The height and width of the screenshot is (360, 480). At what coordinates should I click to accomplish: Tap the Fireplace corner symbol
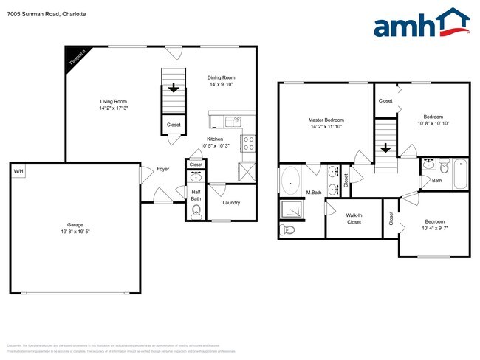tap(75, 56)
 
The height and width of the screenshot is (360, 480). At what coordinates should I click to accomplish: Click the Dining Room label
tap(221, 77)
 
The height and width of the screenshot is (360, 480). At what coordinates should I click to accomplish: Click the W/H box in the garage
tap(18, 171)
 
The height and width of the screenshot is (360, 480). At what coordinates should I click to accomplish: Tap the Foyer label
tap(163, 169)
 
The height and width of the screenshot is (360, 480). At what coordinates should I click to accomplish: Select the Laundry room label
tap(231, 203)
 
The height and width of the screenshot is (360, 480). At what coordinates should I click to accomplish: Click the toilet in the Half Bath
tap(196, 212)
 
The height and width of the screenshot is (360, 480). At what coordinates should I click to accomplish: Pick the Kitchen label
tap(215, 139)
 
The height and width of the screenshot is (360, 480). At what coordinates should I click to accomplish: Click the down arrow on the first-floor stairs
tap(174, 88)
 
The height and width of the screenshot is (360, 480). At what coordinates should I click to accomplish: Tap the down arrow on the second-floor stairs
tap(385, 148)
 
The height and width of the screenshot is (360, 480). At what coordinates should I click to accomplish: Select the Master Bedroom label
tap(326, 120)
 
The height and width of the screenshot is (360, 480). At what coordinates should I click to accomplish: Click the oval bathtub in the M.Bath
tap(290, 179)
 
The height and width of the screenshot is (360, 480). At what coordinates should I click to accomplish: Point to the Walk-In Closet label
tap(354, 218)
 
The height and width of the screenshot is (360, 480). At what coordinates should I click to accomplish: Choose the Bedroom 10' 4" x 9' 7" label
tap(434, 224)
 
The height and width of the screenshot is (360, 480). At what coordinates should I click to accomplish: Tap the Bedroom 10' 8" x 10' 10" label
tap(433, 119)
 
